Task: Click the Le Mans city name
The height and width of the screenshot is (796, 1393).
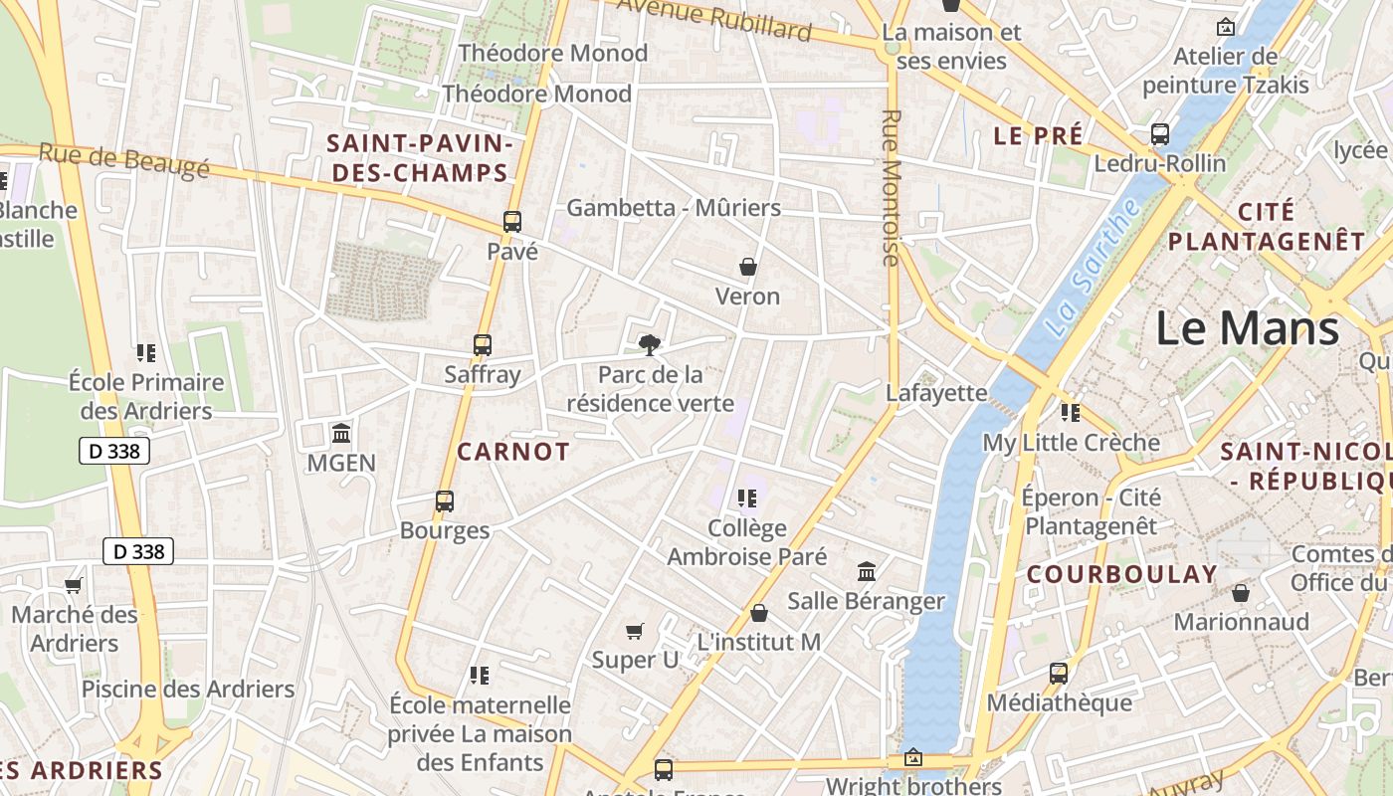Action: point(1248,328)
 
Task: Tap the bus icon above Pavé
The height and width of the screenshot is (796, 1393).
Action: point(512,222)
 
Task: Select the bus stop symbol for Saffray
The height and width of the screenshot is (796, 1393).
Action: point(483,345)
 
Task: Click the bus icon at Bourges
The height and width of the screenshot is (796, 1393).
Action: point(445,501)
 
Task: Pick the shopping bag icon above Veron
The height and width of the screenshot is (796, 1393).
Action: point(748,267)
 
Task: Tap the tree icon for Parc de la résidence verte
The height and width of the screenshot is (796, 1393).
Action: point(650,345)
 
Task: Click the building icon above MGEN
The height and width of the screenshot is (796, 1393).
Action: point(341,434)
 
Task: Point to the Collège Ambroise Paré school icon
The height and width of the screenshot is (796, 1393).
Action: point(746,498)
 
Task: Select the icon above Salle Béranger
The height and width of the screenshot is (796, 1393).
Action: point(867,572)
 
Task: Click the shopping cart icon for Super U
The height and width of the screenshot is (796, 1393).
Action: point(635,631)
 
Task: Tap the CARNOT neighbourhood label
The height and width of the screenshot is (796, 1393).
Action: point(513,452)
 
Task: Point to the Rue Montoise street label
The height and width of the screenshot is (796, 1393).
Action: point(891,188)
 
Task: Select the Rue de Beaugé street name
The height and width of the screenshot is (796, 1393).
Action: point(124,160)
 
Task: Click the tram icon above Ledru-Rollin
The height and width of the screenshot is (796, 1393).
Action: point(1159,133)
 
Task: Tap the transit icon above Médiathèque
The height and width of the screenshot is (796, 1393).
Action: point(1059,674)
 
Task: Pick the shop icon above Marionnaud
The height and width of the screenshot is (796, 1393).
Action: point(1241,593)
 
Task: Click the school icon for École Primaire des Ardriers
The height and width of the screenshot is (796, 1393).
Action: point(146,353)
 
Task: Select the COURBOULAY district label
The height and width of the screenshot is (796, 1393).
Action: point(1121,574)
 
